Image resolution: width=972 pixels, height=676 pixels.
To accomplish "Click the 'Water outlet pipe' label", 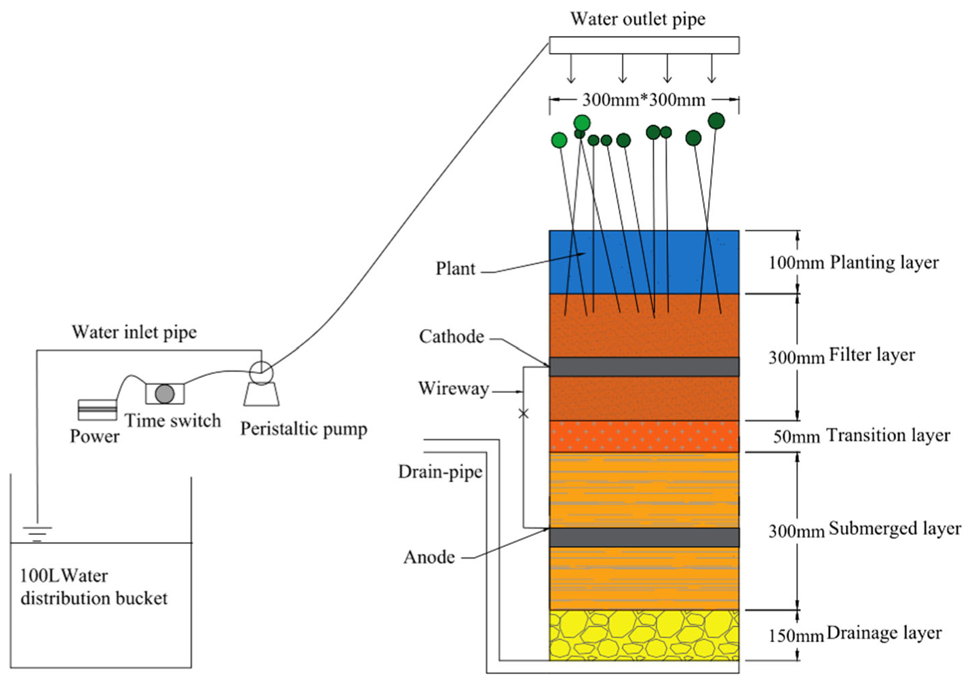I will [x=638, y=19].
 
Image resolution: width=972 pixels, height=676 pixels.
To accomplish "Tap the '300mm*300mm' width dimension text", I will [x=644, y=100].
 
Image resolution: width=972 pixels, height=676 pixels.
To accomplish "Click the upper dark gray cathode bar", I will [x=644, y=367].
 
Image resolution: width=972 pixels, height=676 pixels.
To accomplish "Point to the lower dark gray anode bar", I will [x=644, y=537].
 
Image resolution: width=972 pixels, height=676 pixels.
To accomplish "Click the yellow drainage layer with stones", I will [x=644, y=635].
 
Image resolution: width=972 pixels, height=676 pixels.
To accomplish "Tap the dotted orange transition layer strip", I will [x=644, y=436].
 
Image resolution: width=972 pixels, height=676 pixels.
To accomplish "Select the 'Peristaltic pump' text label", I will [x=304, y=429].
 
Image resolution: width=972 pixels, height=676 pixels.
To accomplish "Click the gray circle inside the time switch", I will [x=164, y=394].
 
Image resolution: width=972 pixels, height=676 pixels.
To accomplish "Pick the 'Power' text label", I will [x=94, y=436].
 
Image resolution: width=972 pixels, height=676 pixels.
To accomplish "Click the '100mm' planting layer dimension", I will [x=796, y=263].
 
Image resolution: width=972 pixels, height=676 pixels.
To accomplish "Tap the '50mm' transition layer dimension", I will [x=797, y=436].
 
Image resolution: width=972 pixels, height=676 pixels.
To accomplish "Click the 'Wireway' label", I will [x=453, y=388].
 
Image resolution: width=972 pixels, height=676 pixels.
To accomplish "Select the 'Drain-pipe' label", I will [x=440, y=472].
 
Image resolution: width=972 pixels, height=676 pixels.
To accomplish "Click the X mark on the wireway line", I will [x=523, y=413].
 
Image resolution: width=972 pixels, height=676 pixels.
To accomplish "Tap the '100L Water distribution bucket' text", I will [x=94, y=587].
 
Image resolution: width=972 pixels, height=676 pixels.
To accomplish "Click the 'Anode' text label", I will [x=429, y=557].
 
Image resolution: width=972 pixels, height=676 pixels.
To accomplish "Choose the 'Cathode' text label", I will [x=452, y=337].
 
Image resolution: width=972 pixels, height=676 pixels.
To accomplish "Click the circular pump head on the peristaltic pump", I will [x=261, y=372].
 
